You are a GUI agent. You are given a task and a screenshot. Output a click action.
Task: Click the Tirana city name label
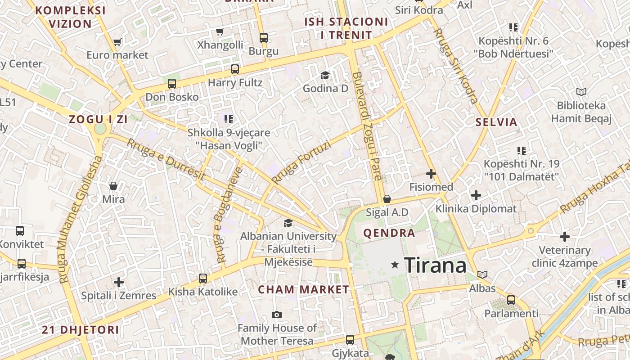(x=435, y=265)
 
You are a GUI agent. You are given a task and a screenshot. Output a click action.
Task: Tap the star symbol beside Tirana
(x=395, y=265)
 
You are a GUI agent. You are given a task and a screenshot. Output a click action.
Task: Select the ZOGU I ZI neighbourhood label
(x=98, y=119)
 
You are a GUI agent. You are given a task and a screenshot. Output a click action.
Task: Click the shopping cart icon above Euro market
(x=117, y=42)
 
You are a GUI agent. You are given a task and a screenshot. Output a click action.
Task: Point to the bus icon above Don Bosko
(x=171, y=84)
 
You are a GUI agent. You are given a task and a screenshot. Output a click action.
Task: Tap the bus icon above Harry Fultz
(x=234, y=69)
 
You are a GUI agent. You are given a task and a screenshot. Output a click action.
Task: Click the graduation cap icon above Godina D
(x=325, y=75)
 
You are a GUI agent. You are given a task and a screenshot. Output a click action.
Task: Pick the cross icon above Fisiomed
(x=431, y=173)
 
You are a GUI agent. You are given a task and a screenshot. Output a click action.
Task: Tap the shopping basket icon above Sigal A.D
(x=387, y=199)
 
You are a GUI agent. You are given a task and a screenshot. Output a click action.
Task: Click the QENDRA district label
(x=389, y=233)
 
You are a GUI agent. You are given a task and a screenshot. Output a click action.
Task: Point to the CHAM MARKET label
(x=303, y=290)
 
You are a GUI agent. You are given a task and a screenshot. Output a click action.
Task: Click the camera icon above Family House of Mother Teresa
(x=277, y=315)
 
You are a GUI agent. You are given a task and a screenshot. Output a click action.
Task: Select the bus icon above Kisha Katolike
(x=203, y=278)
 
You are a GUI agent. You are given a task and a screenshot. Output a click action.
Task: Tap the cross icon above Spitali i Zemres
(x=119, y=282)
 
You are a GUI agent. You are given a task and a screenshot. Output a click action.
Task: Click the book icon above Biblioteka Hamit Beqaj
(x=581, y=92)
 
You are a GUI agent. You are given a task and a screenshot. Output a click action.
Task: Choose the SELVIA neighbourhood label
(x=496, y=122)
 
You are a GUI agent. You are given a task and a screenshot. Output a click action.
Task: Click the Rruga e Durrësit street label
(x=166, y=160)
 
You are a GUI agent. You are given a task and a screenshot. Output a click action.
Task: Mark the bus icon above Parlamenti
(x=511, y=300)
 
